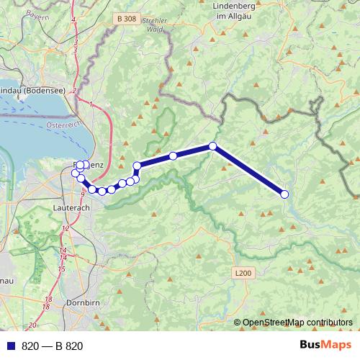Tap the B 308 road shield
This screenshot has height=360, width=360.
click(126, 19)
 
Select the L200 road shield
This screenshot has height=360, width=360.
click(243, 273)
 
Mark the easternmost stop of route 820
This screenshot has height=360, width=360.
click(284, 194)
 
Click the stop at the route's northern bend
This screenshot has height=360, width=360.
click(213, 146)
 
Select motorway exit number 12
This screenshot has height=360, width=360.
click(66, 228)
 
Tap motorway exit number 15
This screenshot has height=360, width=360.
click(62, 269)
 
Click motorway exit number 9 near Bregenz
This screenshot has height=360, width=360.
click(84, 194)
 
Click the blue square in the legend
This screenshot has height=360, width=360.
click(11, 346)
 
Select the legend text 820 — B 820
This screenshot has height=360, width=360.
click(53, 346)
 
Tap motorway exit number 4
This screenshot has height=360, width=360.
click(73, 19)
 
